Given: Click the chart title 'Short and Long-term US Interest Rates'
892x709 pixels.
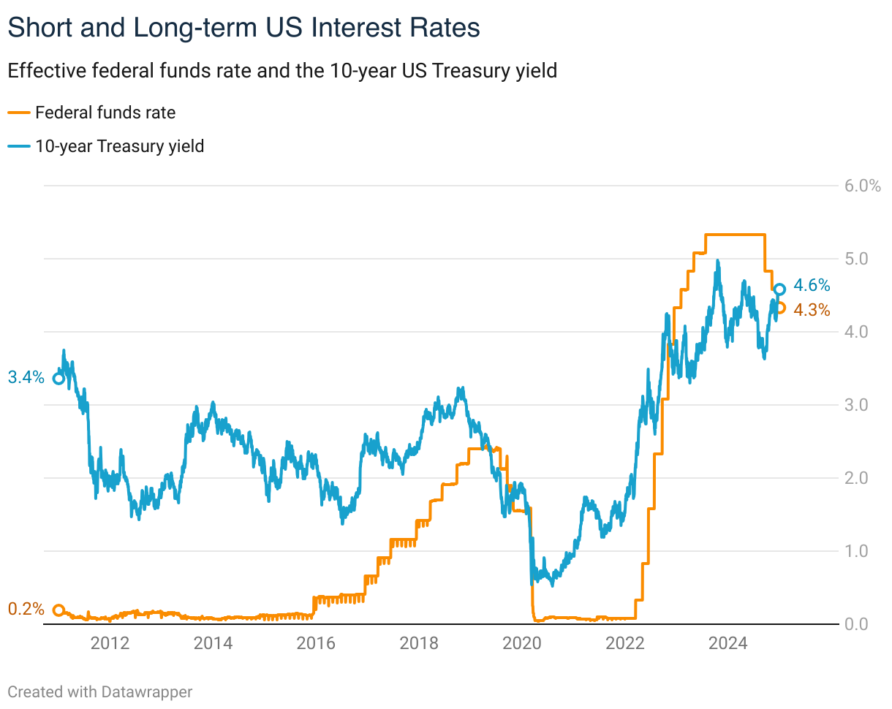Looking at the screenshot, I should coord(243,28).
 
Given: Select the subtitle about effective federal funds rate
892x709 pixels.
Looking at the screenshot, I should coord(282,71).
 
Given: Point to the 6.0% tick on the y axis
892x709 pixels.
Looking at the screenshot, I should coord(862,186).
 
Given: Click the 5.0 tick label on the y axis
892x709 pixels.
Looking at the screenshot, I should coord(857,259).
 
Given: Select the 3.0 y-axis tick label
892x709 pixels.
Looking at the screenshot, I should coord(857,405).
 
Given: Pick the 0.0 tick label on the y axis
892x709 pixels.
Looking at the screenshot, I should coord(857,624).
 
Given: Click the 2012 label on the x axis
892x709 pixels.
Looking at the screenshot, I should coord(110,644).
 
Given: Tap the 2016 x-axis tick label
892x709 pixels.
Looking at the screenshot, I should coord(316,644).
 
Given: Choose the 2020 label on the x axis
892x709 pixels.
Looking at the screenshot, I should coord(522,644).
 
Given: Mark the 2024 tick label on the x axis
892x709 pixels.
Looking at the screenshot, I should coord(728,644).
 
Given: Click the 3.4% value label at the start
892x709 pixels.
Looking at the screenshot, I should coord(26,378).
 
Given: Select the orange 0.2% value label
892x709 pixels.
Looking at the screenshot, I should coord(26,610).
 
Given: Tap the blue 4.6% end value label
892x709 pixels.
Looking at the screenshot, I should coord(812,286).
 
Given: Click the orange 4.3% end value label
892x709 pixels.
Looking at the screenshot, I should coord(812,310).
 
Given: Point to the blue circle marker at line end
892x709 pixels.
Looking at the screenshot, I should coord(779,289).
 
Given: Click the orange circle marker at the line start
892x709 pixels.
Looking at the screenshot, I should coord(58,610).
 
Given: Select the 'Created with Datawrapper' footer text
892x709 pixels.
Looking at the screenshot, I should coord(100,691).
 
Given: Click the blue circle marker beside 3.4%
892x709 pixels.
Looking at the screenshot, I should coord(58,378).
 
